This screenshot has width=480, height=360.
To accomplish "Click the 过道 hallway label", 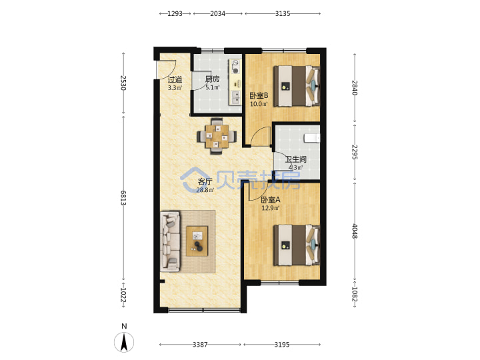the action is (175, 80).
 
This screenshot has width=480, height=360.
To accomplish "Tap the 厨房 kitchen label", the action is (212, 79).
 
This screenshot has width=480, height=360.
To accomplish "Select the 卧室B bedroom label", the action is (259, 95).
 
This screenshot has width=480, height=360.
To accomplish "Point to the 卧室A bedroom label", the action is (270, 200).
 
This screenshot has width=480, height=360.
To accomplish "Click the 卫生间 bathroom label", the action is (296, 159).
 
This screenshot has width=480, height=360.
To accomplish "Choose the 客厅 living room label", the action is (205, 181).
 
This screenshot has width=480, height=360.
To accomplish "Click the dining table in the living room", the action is (217, 136).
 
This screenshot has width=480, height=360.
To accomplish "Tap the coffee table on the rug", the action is (197, 241).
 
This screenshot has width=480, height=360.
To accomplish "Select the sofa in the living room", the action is (170, 241).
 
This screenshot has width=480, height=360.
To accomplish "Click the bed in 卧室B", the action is (297, 86).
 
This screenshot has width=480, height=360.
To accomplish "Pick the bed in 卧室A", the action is (297, 245).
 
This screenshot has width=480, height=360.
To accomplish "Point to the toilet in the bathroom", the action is (312, 138).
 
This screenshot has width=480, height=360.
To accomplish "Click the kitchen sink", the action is (235, 97).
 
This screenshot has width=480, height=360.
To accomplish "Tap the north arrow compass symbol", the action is (124, 342).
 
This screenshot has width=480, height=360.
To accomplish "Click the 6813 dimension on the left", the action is (123, 198).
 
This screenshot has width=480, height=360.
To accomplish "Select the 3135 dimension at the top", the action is (283, 13).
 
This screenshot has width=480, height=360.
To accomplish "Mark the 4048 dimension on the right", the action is (355, 231).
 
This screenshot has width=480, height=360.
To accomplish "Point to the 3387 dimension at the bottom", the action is (200, 345).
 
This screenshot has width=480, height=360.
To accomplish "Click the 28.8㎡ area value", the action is (205, 190).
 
